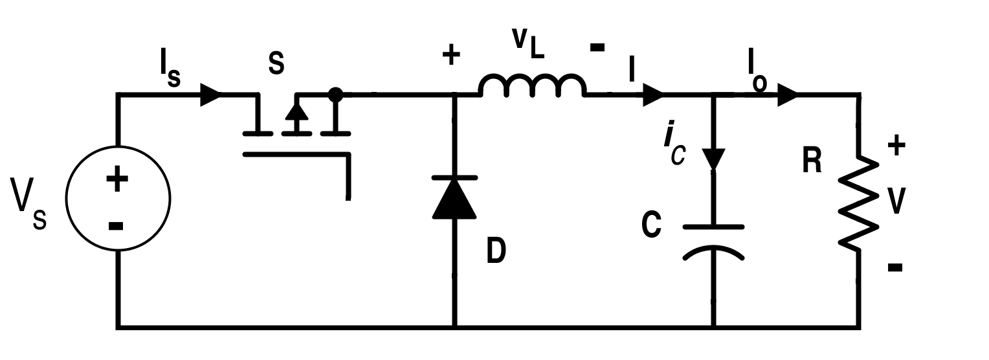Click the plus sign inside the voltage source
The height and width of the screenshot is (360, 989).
point(117,180)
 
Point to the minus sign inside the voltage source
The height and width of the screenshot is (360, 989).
point(117,225)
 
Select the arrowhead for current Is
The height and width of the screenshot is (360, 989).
point(210,95)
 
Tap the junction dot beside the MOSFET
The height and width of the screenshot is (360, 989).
point(335,95)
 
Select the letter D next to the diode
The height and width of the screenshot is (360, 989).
point(496,251)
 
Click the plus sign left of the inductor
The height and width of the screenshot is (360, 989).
point(451,56)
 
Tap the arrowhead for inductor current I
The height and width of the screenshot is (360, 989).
point(652,95)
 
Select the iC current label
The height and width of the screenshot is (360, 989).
point(673,148)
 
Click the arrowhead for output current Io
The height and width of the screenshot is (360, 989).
point(787,95)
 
